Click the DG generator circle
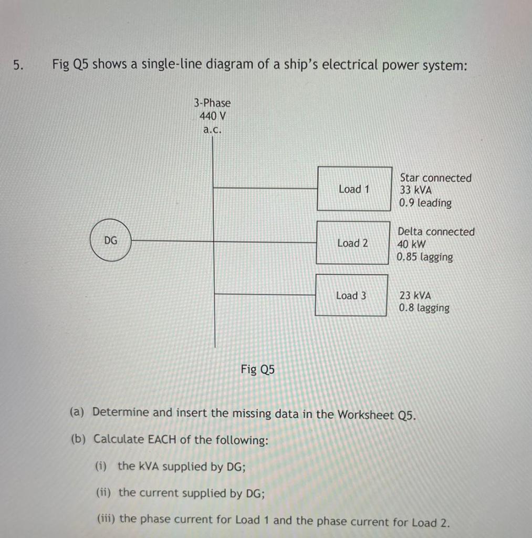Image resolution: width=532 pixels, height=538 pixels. click(111, 241)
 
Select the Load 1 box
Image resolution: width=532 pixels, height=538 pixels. click(354, 189)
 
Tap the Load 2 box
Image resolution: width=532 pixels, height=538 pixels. click(352, 243)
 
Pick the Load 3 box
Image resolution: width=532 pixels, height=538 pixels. click(351, 295)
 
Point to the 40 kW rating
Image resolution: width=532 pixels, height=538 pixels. click(412, 244)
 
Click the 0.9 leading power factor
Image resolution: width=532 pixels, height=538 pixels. click(425, 203)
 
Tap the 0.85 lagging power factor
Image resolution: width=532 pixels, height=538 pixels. click(425, 257)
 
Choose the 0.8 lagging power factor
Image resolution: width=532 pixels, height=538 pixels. click(424, 308)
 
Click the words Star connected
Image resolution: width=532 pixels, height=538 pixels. click(435, 178)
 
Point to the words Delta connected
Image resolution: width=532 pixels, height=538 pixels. click(436, 232)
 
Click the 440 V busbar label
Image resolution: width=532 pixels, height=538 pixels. click(212, 116)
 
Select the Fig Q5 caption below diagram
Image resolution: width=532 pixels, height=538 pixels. click(257, 369)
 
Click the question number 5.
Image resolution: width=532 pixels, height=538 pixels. click(18, 65)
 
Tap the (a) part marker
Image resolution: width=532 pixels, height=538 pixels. click(77, 412)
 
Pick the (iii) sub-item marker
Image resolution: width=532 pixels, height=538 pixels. click(107, 519)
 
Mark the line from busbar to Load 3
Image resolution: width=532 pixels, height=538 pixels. click(265, 294)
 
